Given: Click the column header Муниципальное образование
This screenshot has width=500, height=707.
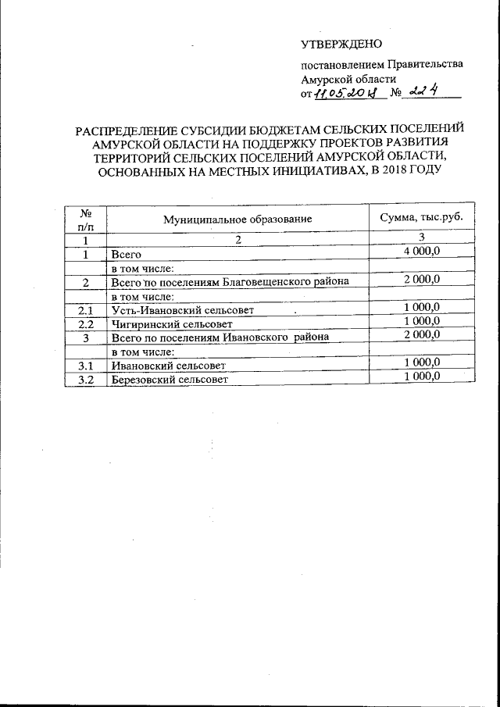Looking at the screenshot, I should click(x=237, y=220).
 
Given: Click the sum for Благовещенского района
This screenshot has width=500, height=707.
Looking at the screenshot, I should click(x=422, y=280).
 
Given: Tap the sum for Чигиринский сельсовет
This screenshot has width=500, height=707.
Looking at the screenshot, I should click(x=422, y=322).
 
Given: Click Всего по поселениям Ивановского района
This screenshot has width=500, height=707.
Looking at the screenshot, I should click(x=220, y=337).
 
